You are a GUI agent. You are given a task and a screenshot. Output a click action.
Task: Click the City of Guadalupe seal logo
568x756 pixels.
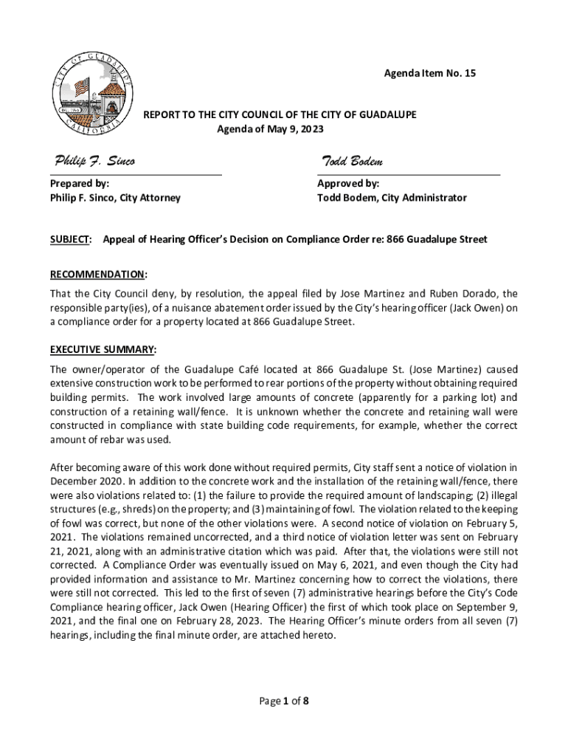point(94,94)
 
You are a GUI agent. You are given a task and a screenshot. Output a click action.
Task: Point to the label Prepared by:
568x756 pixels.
point(80,183)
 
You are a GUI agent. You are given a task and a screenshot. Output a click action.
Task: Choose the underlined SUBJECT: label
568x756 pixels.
point(71,240)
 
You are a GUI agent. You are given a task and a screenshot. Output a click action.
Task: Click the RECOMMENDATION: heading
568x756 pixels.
point(99,275)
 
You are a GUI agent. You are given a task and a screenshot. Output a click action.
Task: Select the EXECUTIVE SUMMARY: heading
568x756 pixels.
point(103,349)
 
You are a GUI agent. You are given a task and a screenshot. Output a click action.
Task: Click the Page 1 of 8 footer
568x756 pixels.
point(283,702)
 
